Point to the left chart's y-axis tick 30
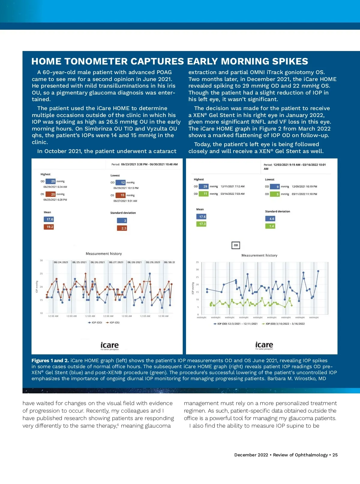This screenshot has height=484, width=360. pos(41,260)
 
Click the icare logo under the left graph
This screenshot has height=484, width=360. pos(109,345)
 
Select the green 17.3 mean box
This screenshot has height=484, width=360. pos(202,224)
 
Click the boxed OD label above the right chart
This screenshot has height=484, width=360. pos(236,245)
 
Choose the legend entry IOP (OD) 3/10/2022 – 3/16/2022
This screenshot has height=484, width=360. pos(283,324)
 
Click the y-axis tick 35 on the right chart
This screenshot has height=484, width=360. pos(197,262)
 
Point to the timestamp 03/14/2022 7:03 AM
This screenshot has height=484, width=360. pos(232,194)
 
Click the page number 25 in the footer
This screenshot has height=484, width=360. pos(335,455)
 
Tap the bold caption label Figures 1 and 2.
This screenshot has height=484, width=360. pos(50,360)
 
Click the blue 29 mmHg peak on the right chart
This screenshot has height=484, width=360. pos(318,271)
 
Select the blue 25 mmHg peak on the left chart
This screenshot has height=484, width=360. pos(150,274)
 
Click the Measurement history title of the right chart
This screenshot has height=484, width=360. pos(259,255)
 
